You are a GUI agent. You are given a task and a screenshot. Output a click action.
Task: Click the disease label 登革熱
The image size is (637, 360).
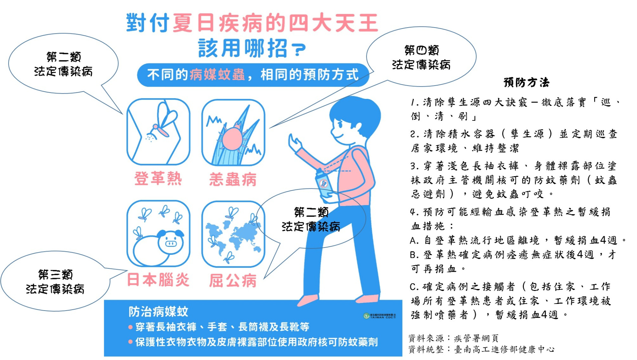point(158,179)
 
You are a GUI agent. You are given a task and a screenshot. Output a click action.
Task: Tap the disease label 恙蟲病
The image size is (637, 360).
point(233,180)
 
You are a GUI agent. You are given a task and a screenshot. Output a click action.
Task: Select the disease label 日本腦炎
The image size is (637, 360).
point(158,280)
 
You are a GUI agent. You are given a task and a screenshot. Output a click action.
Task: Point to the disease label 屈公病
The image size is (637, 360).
point(233,280)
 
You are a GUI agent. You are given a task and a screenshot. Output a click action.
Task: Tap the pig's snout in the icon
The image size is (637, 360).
point(171,243)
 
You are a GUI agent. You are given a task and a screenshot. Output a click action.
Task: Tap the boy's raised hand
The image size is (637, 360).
point(294,143)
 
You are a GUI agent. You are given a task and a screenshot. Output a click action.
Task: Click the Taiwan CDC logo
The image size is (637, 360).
point(379,316)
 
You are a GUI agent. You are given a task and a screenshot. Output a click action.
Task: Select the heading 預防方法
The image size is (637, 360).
point(526,82)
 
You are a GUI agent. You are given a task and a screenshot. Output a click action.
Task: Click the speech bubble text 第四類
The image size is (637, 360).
point(421,50)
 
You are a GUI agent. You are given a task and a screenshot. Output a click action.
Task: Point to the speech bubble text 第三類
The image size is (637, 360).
point(55,274)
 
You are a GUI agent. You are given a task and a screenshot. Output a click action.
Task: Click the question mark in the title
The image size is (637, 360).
point(299,49)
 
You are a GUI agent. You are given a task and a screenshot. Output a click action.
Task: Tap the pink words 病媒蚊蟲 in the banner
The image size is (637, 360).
point(217,75)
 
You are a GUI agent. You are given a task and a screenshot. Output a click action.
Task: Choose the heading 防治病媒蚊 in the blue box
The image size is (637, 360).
point(158,312)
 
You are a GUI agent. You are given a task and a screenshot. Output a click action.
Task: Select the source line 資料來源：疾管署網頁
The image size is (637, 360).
point(453,338)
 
